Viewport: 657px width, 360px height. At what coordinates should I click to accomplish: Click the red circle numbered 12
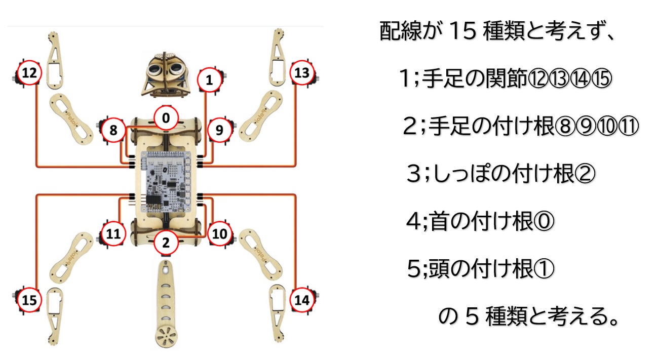point(29,73)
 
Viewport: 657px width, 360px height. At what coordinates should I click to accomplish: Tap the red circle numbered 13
point(302,73)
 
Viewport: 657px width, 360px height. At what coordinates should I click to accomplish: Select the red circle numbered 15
point(29,300)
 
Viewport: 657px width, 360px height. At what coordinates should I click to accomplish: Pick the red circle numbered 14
point(302,300)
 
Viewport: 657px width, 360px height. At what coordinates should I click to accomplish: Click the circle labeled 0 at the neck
point(166,118)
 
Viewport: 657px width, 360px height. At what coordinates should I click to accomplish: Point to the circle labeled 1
point(209,79)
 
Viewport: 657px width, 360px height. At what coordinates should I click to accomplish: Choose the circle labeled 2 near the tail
point(166,243)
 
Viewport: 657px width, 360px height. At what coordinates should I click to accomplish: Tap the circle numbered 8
point(113,130)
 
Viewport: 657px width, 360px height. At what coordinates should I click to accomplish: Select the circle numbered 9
point(219,130)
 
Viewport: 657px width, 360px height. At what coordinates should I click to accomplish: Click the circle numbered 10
point(219,233)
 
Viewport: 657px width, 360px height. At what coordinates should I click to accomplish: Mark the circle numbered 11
point(113,233)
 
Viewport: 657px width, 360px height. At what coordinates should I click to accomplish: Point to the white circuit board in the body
point(166,182)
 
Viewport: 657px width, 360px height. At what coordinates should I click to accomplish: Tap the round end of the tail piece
point(166,337)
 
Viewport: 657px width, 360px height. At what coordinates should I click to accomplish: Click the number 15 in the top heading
point(462,31)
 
